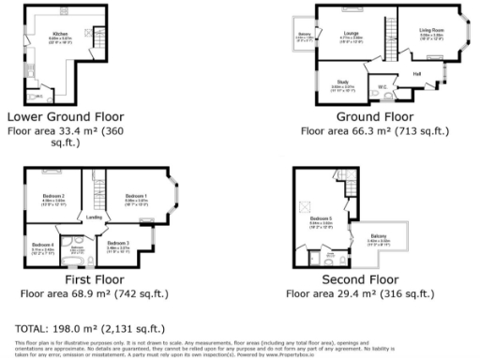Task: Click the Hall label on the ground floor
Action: coord(416,72)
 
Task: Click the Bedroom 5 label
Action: coord(322,219)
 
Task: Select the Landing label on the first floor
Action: coord(94,217)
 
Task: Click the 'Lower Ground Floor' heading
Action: coord(66,117)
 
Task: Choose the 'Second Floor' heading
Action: coord(361,279)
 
